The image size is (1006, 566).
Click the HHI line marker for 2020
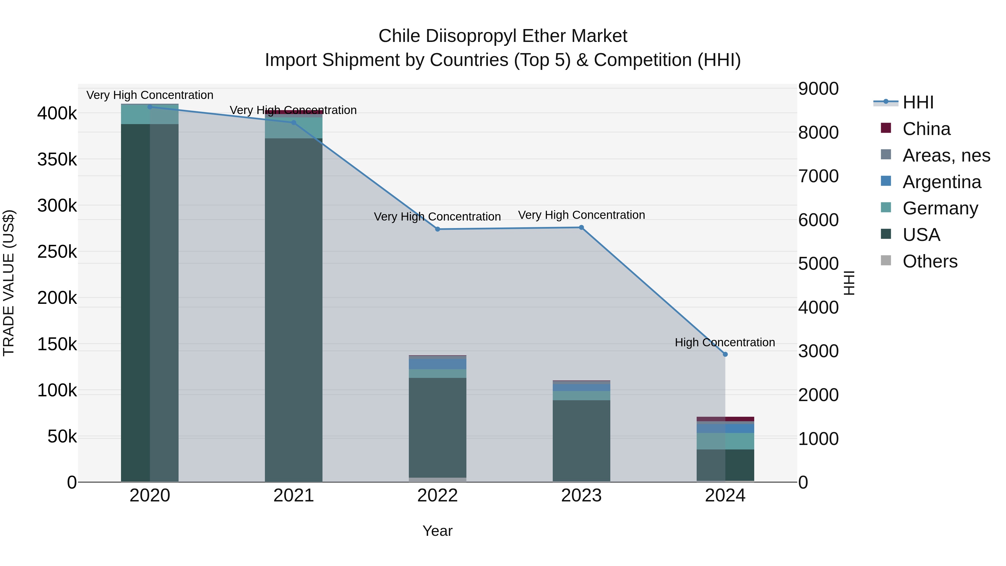point(150,107)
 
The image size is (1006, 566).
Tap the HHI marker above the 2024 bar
point(725,354)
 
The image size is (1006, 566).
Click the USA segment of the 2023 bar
point(581,440)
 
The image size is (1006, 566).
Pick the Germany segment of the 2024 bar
point(725,441)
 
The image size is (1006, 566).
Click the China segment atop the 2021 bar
point(294,112)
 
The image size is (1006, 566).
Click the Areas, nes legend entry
point(946,155)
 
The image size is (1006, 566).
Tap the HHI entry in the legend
point(918,102)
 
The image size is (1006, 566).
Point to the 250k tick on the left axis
point(57,252)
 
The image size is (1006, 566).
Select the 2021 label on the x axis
point(294,496)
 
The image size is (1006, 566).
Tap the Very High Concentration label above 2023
point(581,215)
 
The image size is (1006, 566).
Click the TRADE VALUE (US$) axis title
point(9,283)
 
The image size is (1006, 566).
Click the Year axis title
point(437,531)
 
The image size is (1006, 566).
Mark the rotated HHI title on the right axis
point(849,283)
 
